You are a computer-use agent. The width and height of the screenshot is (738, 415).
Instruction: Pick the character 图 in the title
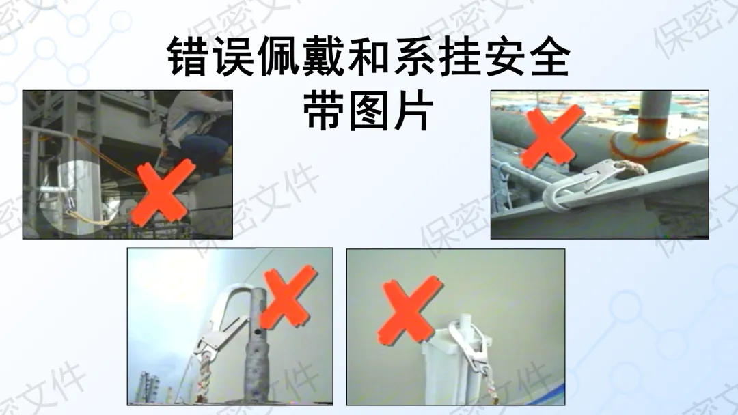pyautogui.click(x=369, y=111)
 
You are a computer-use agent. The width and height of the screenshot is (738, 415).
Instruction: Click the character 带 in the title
pyautogui.click(x=324, y=111)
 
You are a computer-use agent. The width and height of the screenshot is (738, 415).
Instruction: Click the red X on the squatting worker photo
pyautogui.click(x=163, y=192)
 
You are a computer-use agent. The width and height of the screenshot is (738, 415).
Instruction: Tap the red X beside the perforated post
pyautogui.click(x=287, y=297)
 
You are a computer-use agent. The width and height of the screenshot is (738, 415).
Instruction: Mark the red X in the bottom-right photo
pyautogui.click(x=409, y=311)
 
